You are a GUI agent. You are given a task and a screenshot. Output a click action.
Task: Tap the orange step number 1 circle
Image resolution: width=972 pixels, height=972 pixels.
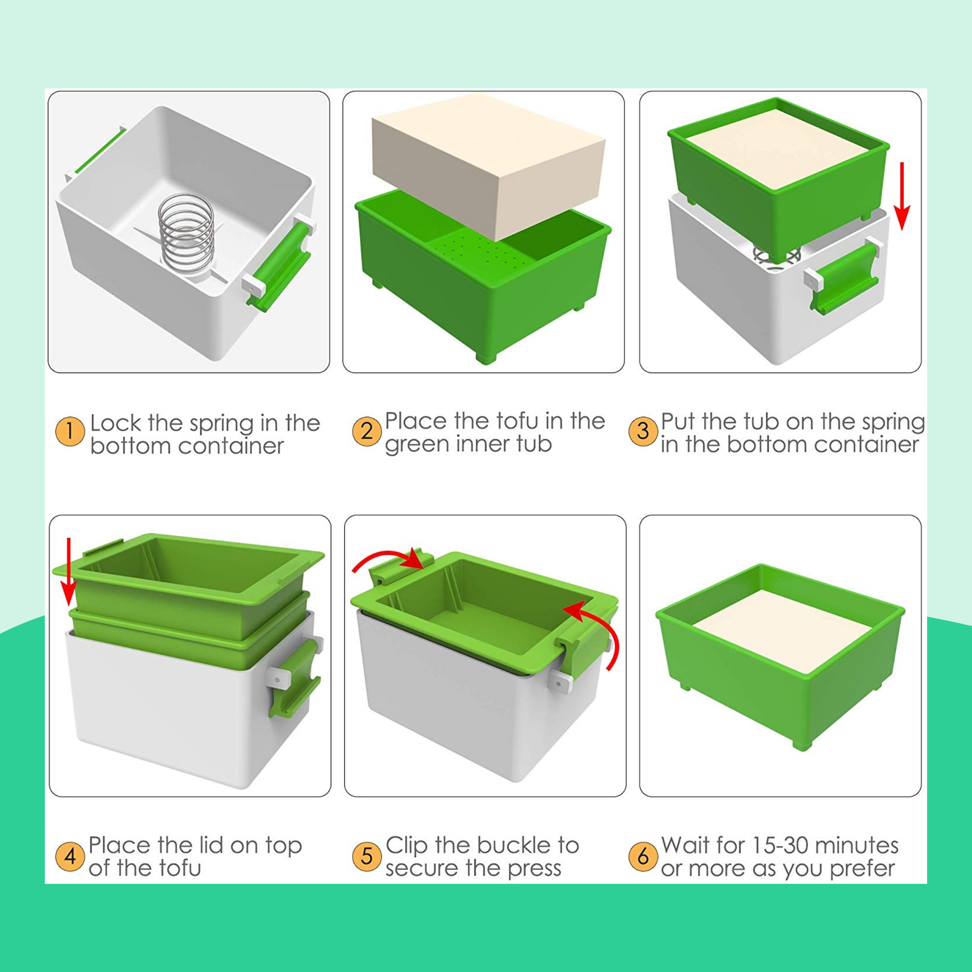[x=69, y=431]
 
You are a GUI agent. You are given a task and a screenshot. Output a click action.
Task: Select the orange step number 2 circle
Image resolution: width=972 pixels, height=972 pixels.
[x=367, y=431]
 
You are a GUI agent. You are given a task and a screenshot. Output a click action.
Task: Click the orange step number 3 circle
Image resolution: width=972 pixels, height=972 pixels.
[x=643, y=431]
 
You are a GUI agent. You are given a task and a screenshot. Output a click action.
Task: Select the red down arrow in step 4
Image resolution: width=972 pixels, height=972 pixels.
[x=69, y=572]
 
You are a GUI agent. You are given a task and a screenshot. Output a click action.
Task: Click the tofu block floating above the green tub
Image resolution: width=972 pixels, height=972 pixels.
[x=488, y=166]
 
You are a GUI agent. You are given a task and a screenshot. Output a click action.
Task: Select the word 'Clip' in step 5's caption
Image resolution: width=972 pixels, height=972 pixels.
[x=406, y=846]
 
